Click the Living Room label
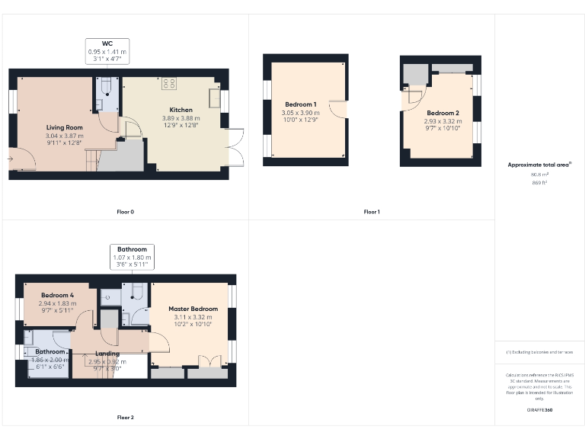pos(65,127)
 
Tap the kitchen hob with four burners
pos(169,83)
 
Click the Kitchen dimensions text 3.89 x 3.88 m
pos(181,118)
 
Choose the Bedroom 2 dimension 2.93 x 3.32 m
pos(443,120)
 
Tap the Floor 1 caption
pos(371,211)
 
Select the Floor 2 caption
pos(125,417)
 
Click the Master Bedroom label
pos(193,309)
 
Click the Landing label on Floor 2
pos(107,354)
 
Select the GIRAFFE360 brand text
pos(539,410)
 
